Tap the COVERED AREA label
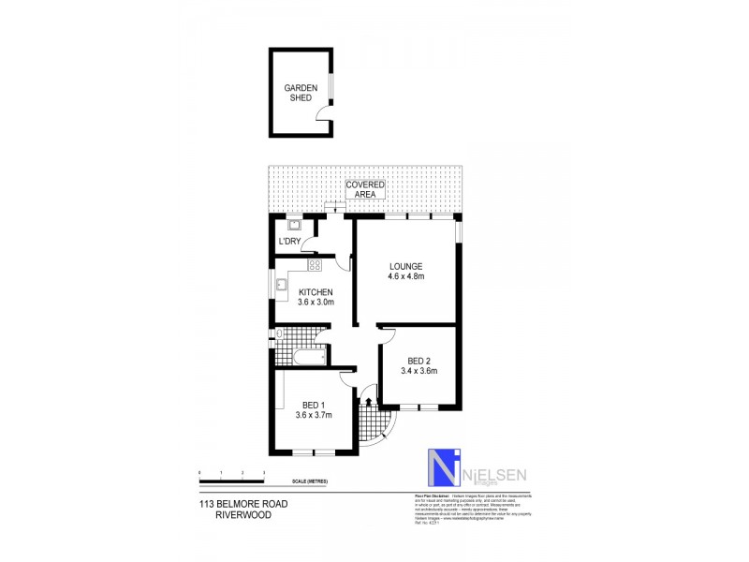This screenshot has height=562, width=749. pyautogui.click(x=364, y=189)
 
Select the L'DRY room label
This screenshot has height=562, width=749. pyautogui.click(x=289, y=242)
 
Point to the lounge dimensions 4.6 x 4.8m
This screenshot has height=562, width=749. pyautogui.click(x=406, y=276)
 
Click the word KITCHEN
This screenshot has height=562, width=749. pyautogui.click(x=316, y=292)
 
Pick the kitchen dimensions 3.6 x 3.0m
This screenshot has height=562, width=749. pyautogui.click(x=316, y=303)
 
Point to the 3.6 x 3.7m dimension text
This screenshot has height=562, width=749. pyautogui.click(x=314, y=415)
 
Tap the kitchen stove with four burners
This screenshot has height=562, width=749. pyautogui.click(x=301, y=265)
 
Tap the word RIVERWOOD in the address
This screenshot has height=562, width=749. pyautogui.click(x=242, y=513)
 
